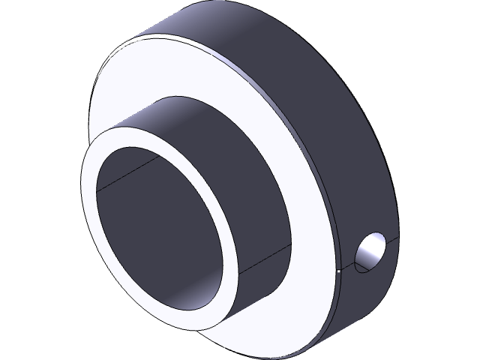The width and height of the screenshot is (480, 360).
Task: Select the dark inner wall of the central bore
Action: point(157,225)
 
